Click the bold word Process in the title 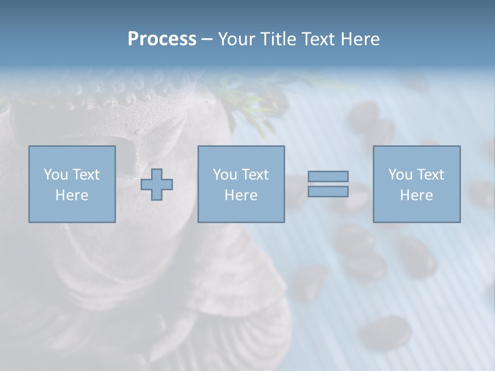tap(162, 39)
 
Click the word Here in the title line tap(359, 39)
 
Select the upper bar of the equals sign tap(328, 176)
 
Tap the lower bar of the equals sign tap(328, 192)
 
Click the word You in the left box tap(55, 175)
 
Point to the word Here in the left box tap(72, 195)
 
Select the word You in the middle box tap(224, 175)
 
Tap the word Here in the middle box tap(241, 195)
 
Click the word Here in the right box tap(416, 195)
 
